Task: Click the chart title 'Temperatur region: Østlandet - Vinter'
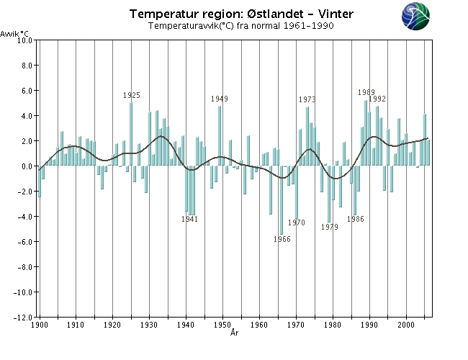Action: [241, 14]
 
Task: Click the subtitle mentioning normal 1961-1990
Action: [240, 26]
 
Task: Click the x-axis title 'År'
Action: [235, 333]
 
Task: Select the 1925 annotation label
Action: [132, 95]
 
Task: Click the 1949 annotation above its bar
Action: [220, 99]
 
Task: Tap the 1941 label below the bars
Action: [189, 220]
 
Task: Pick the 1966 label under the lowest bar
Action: [282, 239]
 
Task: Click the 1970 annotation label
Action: [297, 222]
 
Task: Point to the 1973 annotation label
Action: [307, 99]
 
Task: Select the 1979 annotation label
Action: [330, 227]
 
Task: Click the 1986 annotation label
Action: [355, 219]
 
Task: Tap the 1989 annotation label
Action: [366, 92]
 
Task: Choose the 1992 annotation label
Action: [378, 99]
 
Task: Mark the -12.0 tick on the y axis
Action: [24, 318]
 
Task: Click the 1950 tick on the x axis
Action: [222, 325]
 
